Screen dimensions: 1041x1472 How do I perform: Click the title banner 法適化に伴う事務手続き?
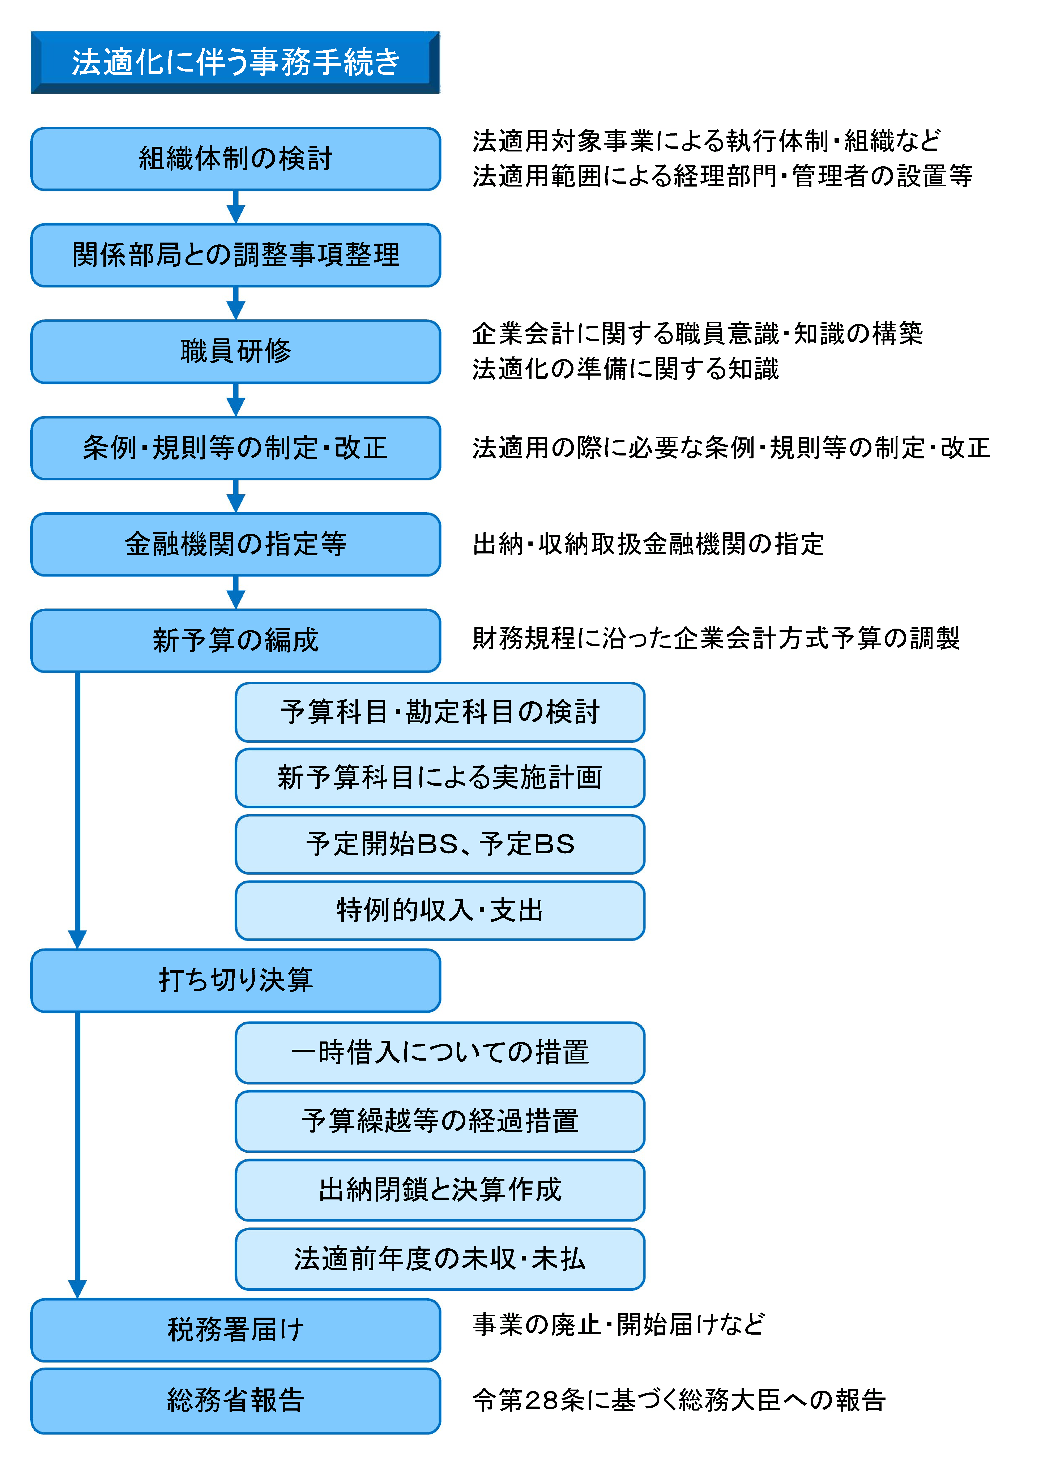click(x=235, y=62)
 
